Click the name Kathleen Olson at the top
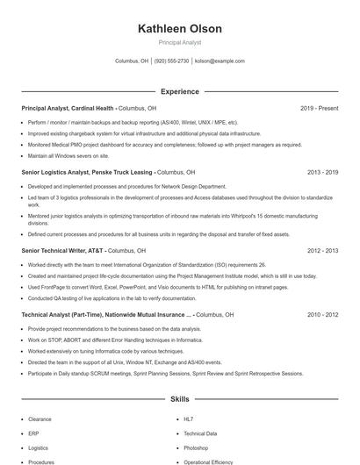(x=179, y=29)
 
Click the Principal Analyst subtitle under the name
(x=179, y=42)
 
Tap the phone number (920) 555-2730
(x=171, y=61)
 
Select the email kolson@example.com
(x=220, y=61)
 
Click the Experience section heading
(x=179, y=91)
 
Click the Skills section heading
(x=179, y=399)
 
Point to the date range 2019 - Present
(x=319, y=108)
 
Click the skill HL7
(x=189, y=419)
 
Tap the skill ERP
(x=33, y=433)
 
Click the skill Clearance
(x=40, y=419)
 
